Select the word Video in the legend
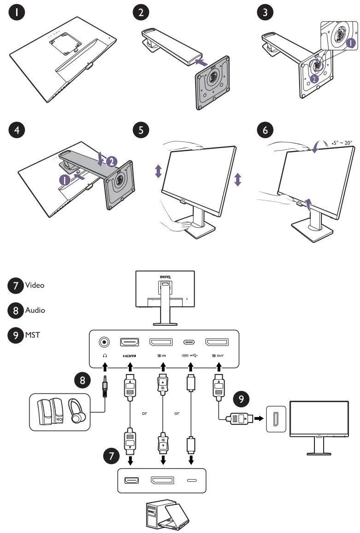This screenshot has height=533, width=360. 35,285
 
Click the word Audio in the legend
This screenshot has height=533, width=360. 35,310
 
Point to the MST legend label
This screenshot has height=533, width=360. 33,335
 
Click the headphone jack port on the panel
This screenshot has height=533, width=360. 105,342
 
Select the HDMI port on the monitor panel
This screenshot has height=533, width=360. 130,342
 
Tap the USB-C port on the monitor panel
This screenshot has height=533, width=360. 189,342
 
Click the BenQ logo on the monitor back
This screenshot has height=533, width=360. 165,277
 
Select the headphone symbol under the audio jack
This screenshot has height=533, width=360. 105,355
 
